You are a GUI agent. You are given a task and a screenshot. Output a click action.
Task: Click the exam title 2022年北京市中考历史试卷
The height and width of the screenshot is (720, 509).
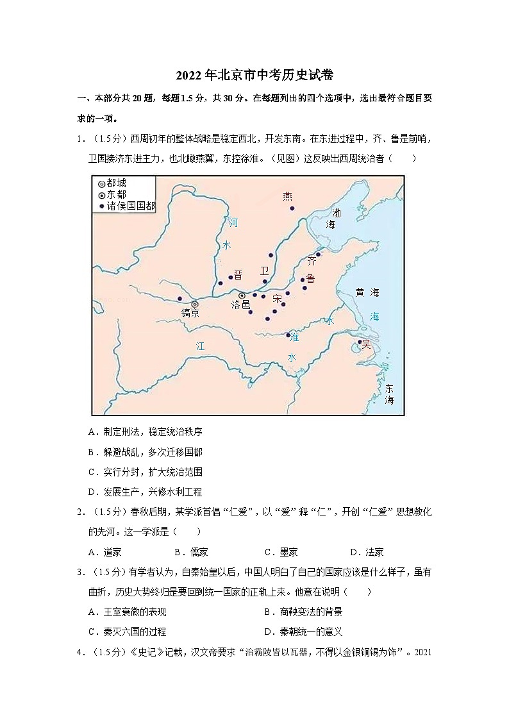coord(254,76)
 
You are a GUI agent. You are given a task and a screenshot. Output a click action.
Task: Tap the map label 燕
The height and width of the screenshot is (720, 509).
coord(287,196)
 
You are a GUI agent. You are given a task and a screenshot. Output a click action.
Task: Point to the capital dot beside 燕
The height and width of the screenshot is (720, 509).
coord(292,208)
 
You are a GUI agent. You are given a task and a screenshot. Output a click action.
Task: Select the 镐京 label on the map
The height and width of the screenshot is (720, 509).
coord(190,313)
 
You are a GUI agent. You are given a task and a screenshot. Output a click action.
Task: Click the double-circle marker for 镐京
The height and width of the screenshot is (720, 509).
coord(194,303)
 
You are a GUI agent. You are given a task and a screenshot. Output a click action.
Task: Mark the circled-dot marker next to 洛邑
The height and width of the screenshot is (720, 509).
coord(242,296)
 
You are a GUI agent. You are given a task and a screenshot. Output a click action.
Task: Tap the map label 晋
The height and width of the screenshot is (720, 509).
coord(238,274)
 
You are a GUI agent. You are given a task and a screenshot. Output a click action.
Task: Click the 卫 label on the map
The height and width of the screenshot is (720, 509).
coord(265,271)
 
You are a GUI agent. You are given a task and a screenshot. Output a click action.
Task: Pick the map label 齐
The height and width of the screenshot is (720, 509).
coord(312,261)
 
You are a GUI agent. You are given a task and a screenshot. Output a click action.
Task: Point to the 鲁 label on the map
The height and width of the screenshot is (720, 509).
coord(311,278)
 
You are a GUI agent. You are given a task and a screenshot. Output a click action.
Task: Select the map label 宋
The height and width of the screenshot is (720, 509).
coord(277,299)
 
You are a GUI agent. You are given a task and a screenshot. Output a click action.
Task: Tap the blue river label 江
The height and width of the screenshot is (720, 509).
coord(200,346)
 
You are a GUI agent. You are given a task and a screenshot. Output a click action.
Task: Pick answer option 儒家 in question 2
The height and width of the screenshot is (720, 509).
coord(190,551)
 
